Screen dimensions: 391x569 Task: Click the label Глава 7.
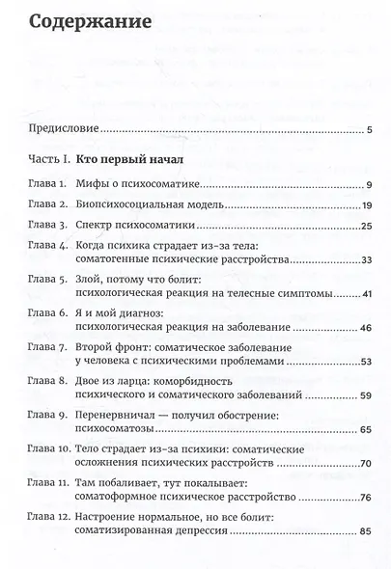48,345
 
